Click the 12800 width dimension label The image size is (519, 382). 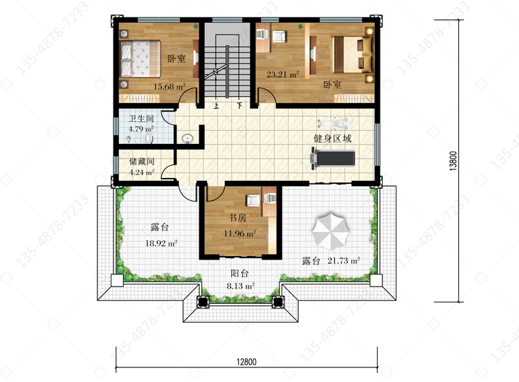point(246,362)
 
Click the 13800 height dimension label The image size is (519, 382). point(453,161)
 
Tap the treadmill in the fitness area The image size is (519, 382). point(333,158)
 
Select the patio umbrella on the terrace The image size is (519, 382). point(331,230)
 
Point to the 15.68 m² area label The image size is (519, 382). point(169,87)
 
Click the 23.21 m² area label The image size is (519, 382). point(282,74)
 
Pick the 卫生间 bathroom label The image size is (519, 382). point(141,118)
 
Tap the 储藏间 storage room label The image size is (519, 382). point(142,161)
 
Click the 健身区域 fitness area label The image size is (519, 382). point(332,138)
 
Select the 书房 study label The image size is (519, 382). point(237,218)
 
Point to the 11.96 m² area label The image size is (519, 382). point(240,233)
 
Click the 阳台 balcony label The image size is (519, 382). point(239,273)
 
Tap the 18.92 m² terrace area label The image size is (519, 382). point(161,244)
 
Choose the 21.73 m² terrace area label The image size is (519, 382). point(344,260)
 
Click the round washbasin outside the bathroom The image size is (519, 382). point(188,139)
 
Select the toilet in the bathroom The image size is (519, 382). point(149,138)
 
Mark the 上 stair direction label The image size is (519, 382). point(216,107)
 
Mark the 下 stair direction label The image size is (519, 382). point(239,107)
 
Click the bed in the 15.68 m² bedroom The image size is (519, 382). point(140,59)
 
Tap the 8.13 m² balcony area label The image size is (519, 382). point(241,286)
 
